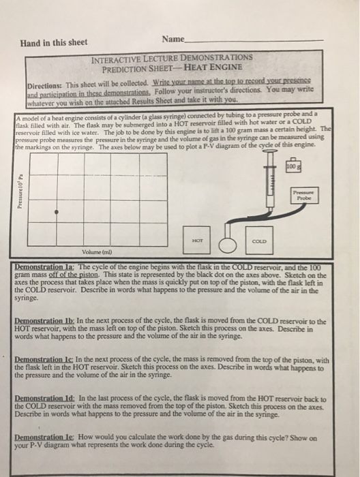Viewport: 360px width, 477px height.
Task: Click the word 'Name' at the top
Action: coord(173,40)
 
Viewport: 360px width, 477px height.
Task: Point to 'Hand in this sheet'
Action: coord(55,42)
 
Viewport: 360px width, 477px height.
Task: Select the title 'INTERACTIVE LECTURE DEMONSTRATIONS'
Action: coord(172,58)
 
